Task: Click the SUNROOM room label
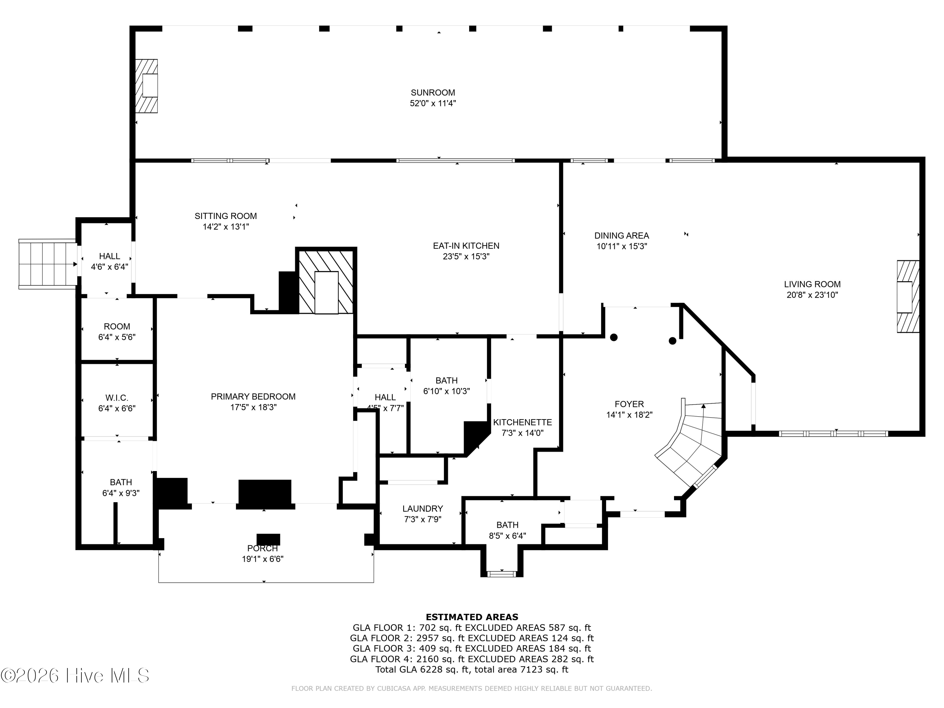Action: click(x=433, y=93)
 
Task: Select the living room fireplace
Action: click(x=908, y=297)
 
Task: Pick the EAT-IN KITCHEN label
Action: click(x=466, y=246)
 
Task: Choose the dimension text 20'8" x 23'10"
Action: click(x=812, y=295)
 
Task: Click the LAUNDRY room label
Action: click(x=423, y=509)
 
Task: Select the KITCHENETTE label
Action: click(x=522, y=423)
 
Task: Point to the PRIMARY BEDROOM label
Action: click(x=253, y=397)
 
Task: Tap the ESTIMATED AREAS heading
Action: click(x=472, y=617)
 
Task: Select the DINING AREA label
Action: click(x=622, y=236)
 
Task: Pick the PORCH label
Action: click(x=262, y=548)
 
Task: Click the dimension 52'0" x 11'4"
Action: click(x=433, y=103)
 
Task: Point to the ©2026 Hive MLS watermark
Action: click(x=75, y=676)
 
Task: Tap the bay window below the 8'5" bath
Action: click(x=502, y=574)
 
